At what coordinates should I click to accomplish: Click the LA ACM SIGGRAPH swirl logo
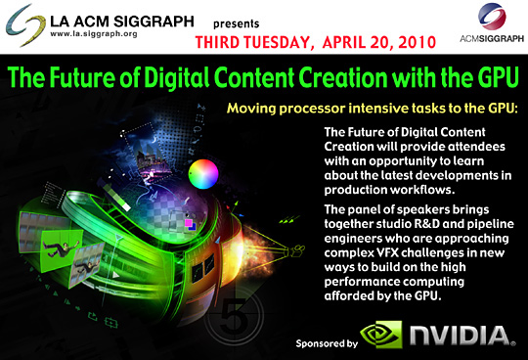click(x=25, y=25)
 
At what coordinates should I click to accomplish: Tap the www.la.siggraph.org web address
click(x=94, y=34)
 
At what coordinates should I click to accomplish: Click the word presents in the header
click(x=236, y=23)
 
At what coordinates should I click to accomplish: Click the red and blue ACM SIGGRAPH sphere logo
click(x=492, y=16)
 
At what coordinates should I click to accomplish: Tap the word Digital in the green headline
click(x=177, y=77)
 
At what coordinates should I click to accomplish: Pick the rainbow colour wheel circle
click(x=203, y=174)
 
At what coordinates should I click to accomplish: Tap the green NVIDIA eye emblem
click(x=381, y=334)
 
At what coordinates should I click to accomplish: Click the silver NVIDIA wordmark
click(x=462, y=336)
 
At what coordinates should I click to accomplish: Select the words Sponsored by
click(x=327, y=343)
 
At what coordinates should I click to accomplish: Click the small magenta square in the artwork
click(x=189, y=223)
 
